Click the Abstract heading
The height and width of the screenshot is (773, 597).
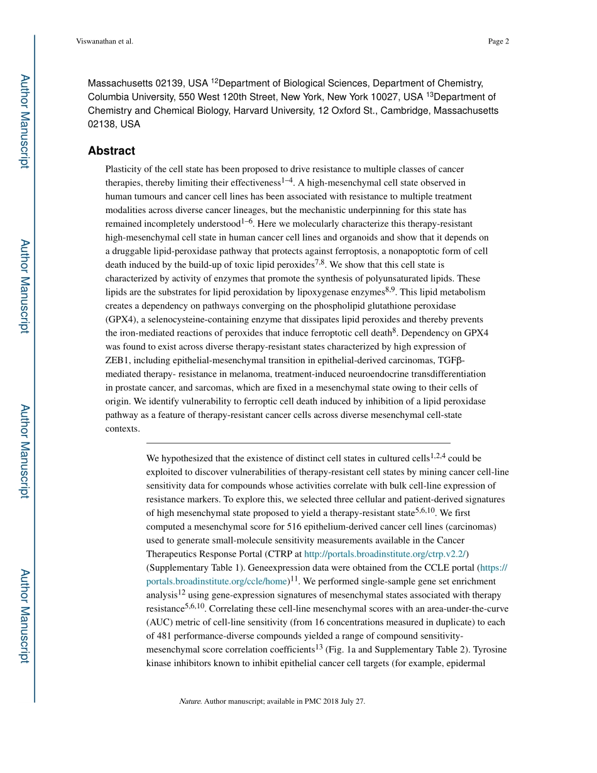point(111,151)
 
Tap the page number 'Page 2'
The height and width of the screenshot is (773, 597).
point(498,41)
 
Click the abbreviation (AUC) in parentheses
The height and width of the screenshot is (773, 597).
point(159,622)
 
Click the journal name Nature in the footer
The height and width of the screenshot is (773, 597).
point(190,701)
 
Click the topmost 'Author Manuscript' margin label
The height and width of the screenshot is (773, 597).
point(25,121)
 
